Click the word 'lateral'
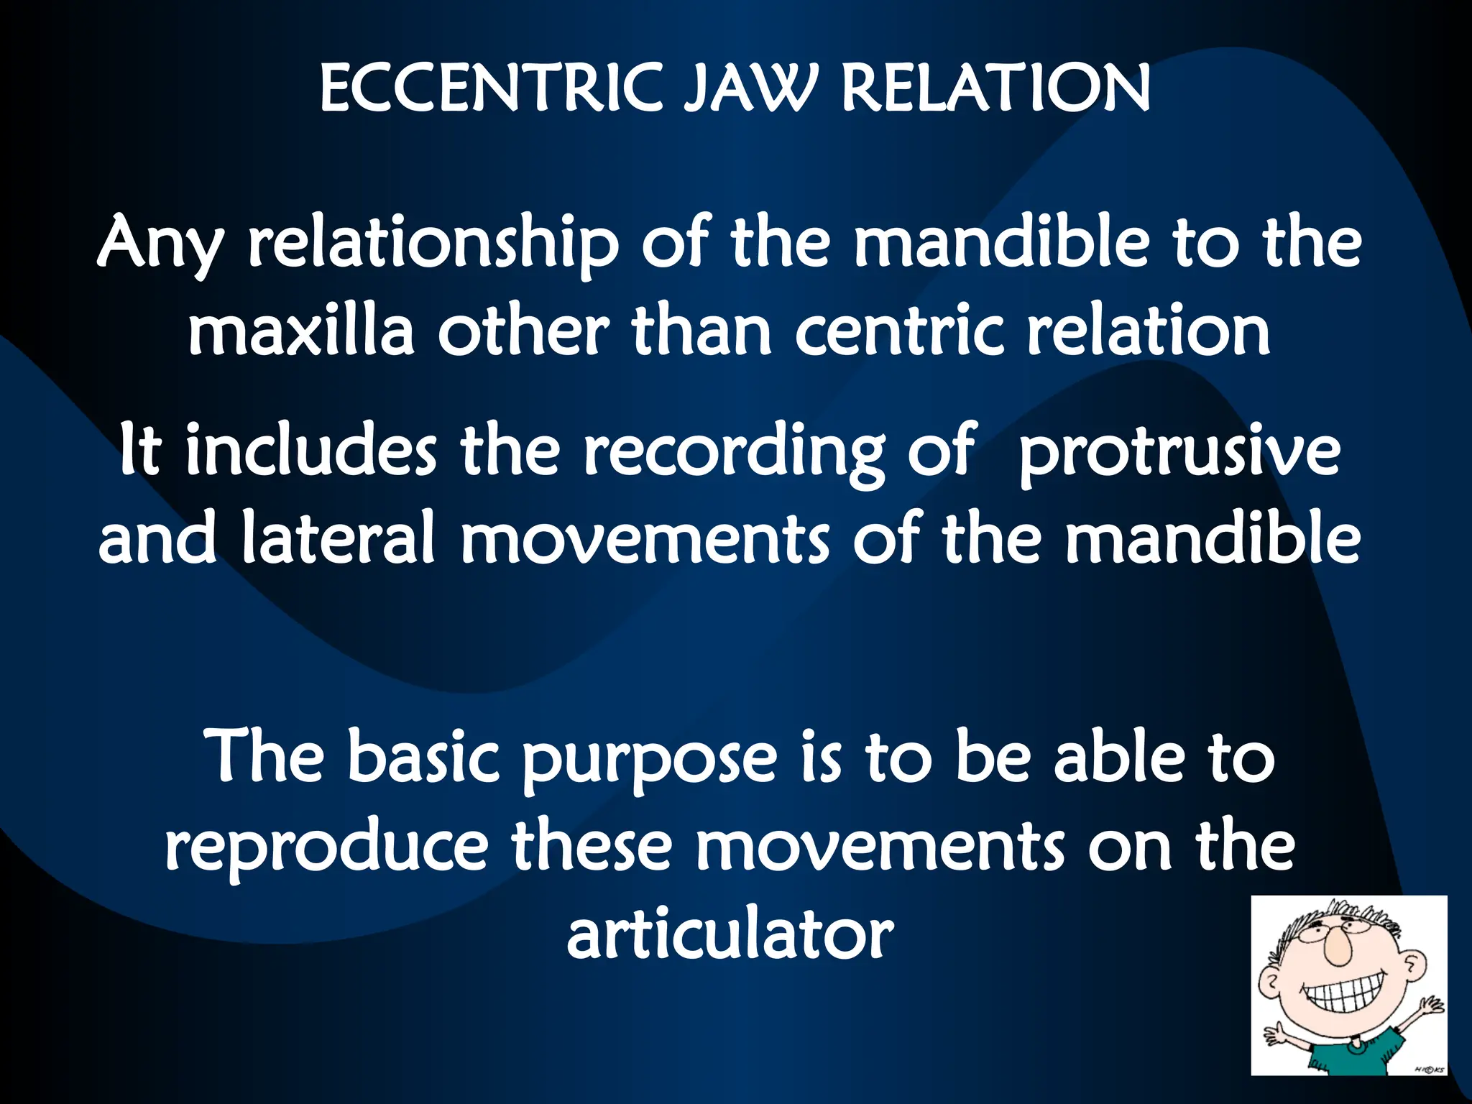point(339,539)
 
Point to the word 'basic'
point(423,758)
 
